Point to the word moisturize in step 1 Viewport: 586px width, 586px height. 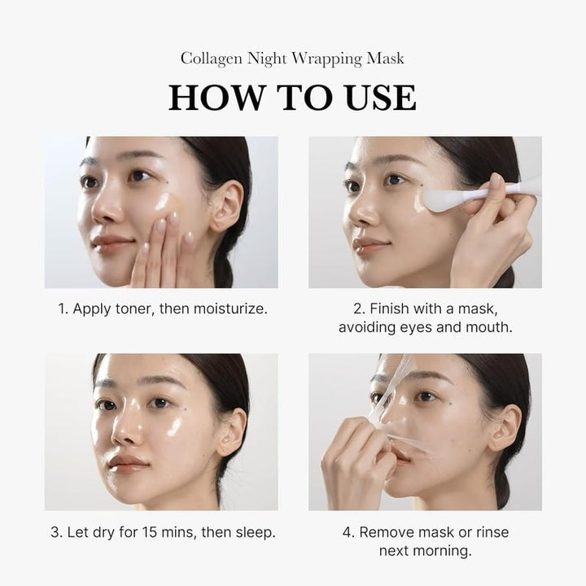227,309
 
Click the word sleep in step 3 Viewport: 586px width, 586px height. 256,533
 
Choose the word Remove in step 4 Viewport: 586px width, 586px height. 386,533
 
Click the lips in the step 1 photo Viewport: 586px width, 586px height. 112,243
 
